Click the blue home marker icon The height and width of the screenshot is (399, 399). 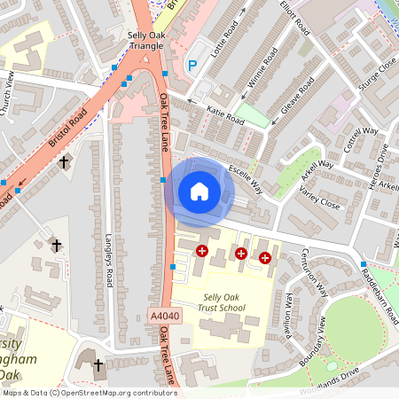pos(199,192)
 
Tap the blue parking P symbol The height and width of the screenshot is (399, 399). pos(192,65)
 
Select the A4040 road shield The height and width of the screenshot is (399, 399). pos(164,315)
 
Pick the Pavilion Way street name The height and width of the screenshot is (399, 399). pos(289,310)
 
